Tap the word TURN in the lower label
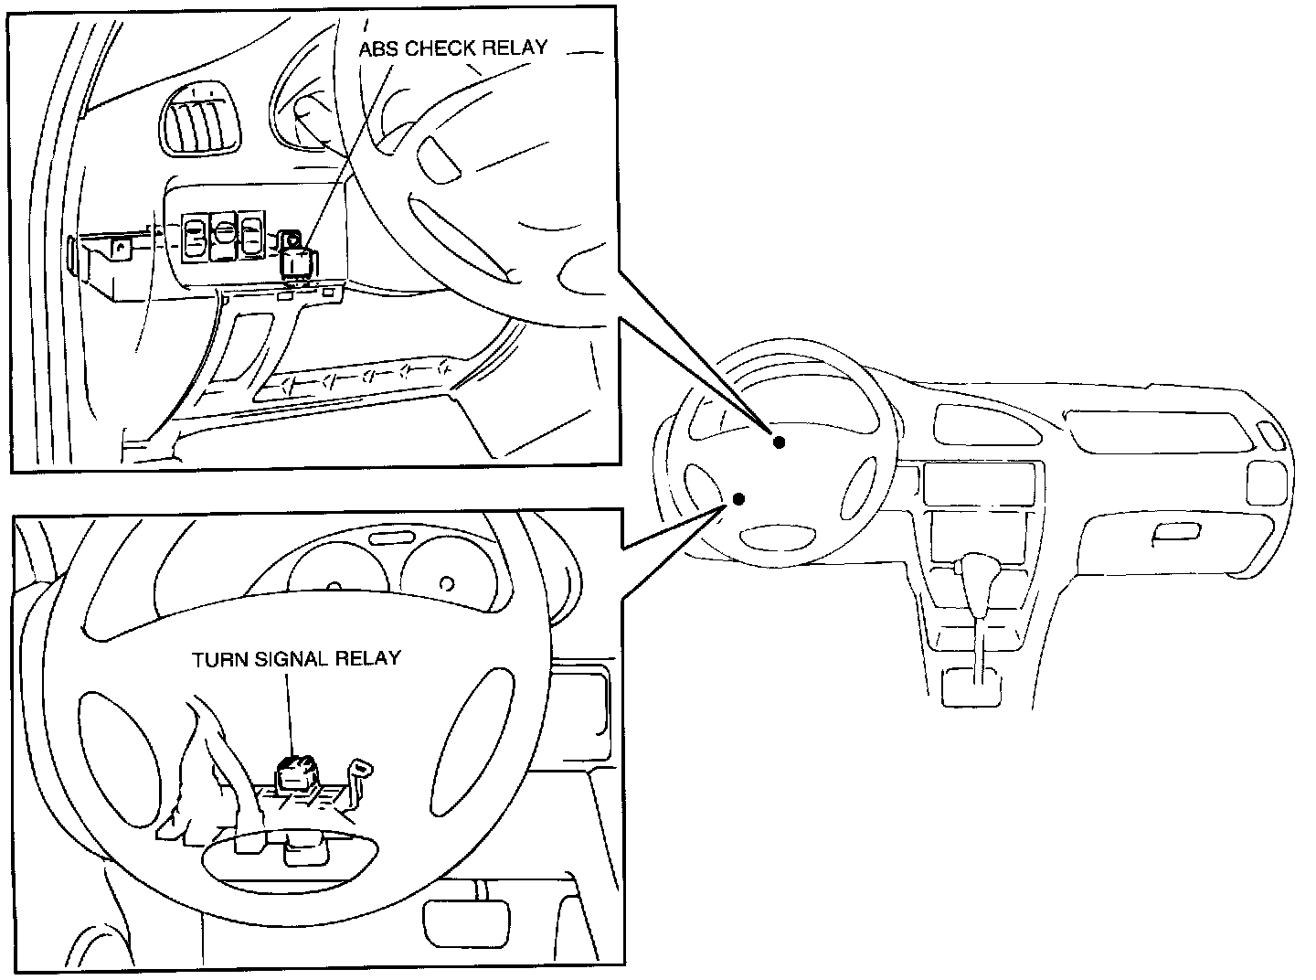pos(217,658)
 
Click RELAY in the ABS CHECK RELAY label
pos(515,48)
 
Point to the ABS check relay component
pos(296,259)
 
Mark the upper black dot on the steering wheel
pos(779,442)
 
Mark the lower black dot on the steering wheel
pos(738,499)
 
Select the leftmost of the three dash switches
pos(195,238)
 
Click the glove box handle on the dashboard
pos(1176,534)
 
